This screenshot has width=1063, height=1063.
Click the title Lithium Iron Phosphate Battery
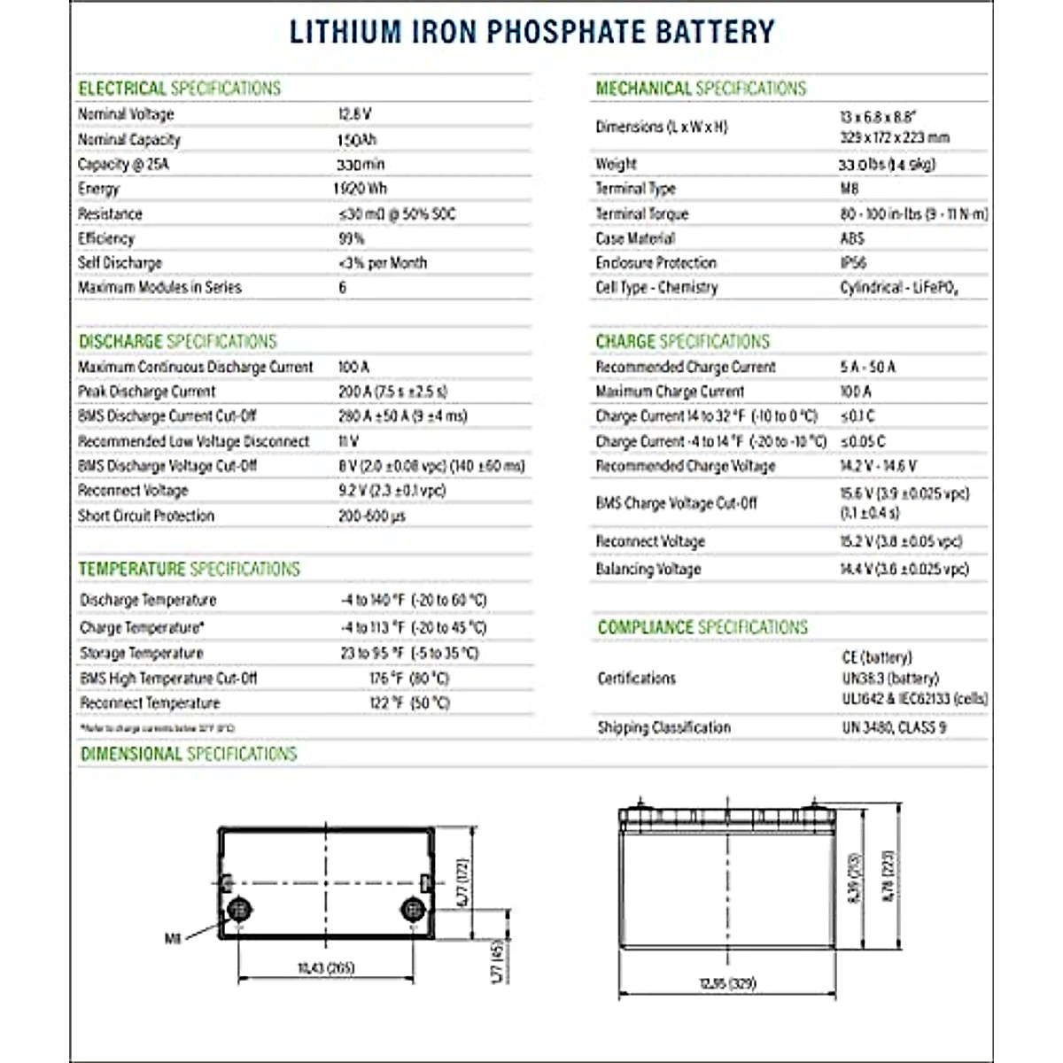pyautogui.click(x=531, y=32)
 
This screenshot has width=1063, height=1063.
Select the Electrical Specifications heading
pyautogui.click(x=179, y=89)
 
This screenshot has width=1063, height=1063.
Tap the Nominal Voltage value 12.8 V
pyautogui.click(x=354, y=114)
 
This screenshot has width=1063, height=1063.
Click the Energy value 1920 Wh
pyautogui.click(x=361, y=189)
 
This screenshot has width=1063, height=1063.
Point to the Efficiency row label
pyautogui.click(x=106, y=238)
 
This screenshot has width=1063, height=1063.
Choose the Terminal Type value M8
pyautogui.click(x=850, y=189)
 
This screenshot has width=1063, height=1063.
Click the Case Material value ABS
pyautogui.click(x=852, y=238)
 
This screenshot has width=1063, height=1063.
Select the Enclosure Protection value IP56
pyautogui.click(x=853, y=263)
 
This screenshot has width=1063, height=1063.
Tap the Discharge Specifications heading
pyautogui.click(x=177, y=342)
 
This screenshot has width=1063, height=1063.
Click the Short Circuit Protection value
pyautogui.click(x=372, y=516)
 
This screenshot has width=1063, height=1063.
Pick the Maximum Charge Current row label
pyautogui.click(x=670, y=392)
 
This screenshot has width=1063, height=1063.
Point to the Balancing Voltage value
pyautogui.click(x=904, y=569)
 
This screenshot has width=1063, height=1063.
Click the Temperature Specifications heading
pyautogui.click(x=190, y=569)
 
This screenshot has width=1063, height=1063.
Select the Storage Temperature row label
pyautogui.click(x=142, y=653)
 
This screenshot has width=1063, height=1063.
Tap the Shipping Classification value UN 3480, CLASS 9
pyautogui.click(x=894, y=727)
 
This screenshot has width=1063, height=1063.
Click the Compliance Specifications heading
pyautogui.click(x=702, y=628)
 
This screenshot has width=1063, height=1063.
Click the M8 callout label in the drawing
pyautogui.click(x=173, y=938)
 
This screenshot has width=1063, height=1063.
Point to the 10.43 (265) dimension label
pyautogui.click(x=326, y=968)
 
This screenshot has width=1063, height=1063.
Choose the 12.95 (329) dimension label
pyautogui.click(x=727, y=983)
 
